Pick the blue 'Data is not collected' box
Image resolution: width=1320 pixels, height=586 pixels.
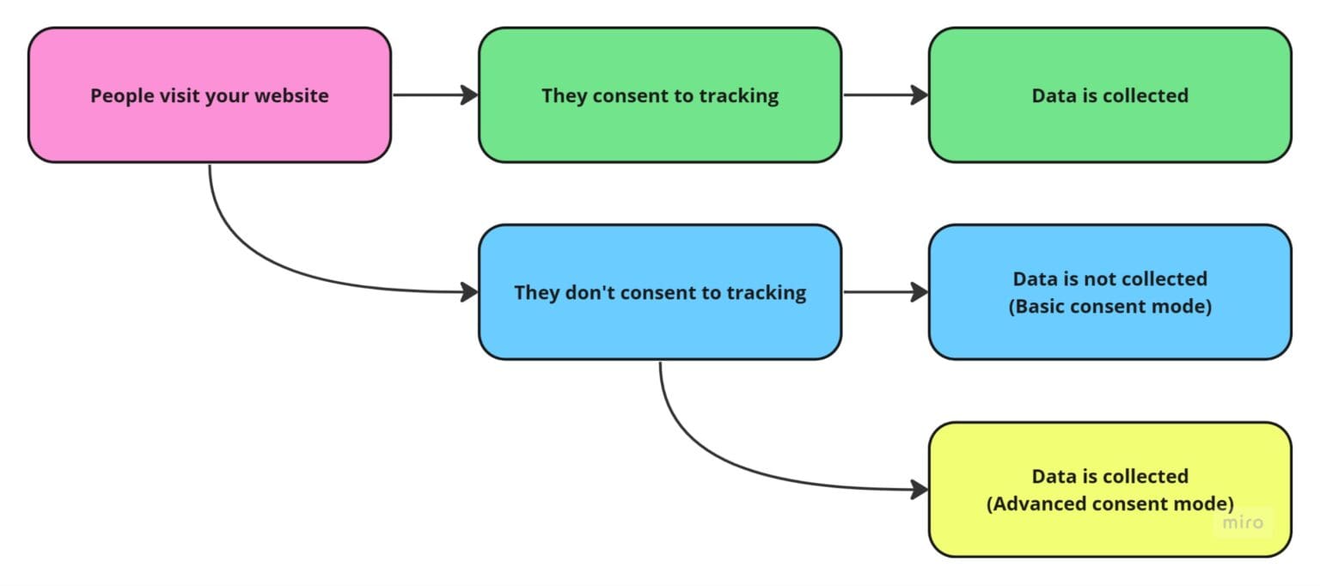(x=1109, y=331)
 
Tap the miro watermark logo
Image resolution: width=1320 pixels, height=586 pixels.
(x=1243, y=522)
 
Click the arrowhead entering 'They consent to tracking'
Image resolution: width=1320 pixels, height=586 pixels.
(x=470, y=95)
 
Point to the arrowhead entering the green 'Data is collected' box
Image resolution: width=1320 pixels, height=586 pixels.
(x=920, y=95)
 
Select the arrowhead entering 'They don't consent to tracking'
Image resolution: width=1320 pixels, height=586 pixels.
(x=470, y=292)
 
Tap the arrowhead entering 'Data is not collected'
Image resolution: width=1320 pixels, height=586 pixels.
(x=920, y=292)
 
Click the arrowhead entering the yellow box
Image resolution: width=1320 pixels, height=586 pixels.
(x=920, y=490)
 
